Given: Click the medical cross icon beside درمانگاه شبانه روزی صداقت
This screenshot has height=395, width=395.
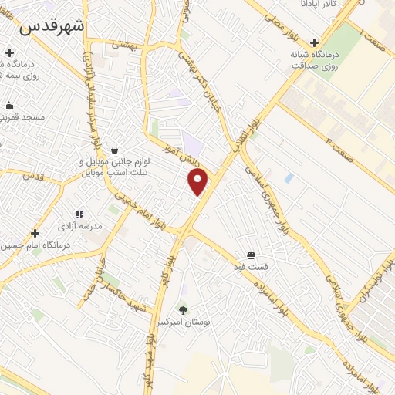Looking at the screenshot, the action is click(x=313, y=44).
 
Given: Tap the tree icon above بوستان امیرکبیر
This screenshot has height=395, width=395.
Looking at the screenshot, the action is click(x=183, y=311).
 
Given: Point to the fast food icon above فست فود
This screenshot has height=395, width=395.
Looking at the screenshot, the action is click(x=251, y=255).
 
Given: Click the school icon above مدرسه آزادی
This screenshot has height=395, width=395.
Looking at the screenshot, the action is click(x=79, y=214).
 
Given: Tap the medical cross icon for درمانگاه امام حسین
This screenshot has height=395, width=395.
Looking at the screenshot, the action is click(x=35, y=233).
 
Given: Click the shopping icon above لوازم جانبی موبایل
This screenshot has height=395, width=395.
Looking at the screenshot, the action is click(x=115, y=150).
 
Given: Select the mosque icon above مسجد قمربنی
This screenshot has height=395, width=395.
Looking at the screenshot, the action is click(x=8, y=106).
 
